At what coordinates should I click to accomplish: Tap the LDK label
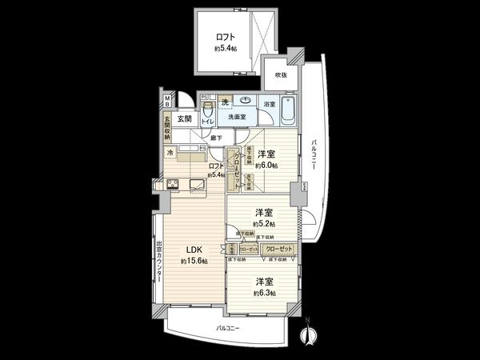click(193, 248)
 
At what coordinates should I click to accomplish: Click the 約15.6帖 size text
click(194, 262)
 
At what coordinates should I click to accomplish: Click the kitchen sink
click(198, 184)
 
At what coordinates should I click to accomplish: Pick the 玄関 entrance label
click(174, 120)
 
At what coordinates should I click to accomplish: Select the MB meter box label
click(167, 101)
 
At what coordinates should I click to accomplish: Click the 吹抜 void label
click(281, 74)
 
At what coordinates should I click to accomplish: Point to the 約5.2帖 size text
click(265, 225)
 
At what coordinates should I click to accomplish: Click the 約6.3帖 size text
click(266, 294)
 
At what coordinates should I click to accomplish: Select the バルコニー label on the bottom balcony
click(230, 329)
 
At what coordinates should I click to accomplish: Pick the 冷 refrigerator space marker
click(170, 152)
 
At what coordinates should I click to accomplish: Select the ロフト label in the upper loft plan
click(225, 36)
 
